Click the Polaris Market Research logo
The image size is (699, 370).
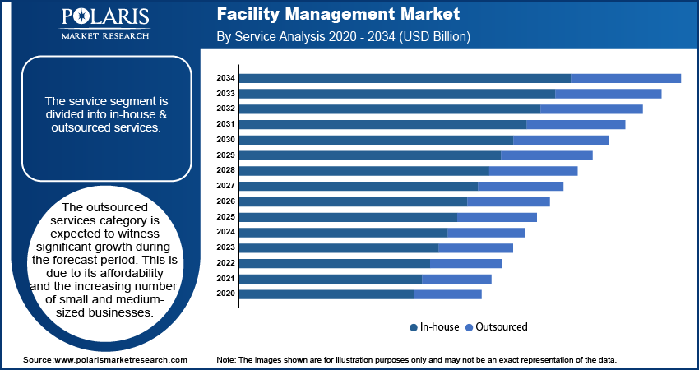[x=104, y=23]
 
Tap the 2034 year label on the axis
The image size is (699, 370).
[x=225, y=78]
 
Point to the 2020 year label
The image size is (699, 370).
[x=225, y=294]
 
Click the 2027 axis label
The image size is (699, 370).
[x=225, y=186]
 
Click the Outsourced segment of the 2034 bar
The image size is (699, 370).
[x=625, y=78]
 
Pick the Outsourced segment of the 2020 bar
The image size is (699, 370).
[x=448, y=294]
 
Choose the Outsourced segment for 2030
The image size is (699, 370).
[x=560, y=140]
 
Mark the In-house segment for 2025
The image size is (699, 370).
[x=348, y=217]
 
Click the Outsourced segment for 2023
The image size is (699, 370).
[x=475, y=247]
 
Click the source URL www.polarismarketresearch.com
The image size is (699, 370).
[x=120, y=360]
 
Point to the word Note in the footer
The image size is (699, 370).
[x=225, y=360]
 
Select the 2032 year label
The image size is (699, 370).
[x=225, y=109]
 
